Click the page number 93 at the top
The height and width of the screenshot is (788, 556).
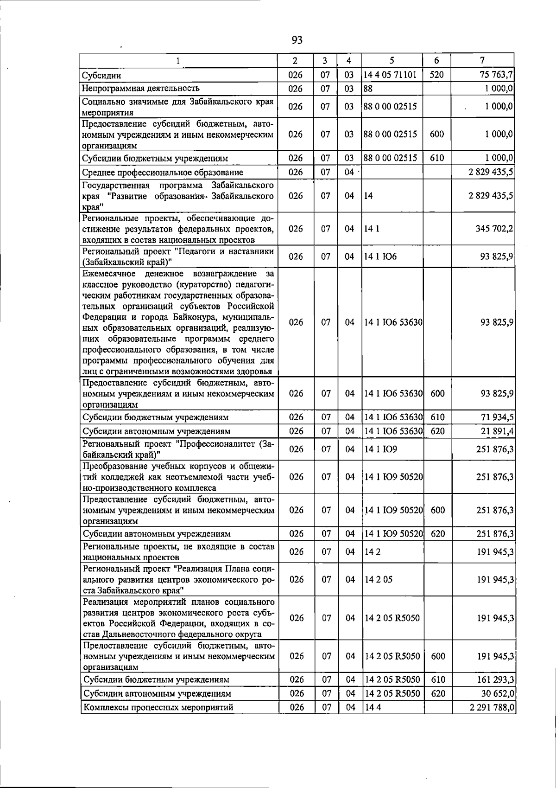coord(297,40)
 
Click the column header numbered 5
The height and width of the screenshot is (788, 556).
coord(392,60)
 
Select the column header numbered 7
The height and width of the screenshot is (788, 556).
coord(483,60)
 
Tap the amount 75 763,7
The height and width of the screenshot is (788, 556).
coord(496,75)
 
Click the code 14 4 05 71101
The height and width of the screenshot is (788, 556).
coord(390,75)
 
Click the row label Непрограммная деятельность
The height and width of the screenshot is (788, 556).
coord(140,88)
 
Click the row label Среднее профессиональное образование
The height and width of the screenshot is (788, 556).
coord(163,173)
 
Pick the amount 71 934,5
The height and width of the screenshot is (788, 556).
coord(497,417)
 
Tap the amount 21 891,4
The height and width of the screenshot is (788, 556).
coord(497,431)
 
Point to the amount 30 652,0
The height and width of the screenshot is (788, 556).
coord(497,693)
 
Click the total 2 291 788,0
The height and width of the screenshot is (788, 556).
coord(491,708)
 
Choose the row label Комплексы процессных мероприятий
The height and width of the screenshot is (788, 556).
coord(158,708)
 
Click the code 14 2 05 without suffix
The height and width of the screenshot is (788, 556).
coord(379,580)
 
